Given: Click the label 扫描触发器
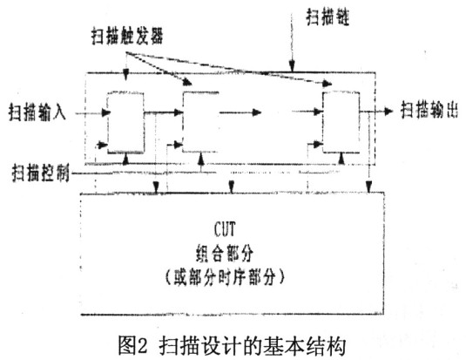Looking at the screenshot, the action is click(x=127, y=37).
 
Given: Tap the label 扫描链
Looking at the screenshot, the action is click(x=328, y=17).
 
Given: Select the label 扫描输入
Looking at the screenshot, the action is click(x=37, y=112).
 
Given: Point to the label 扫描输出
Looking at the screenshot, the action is click(x=429, y=110).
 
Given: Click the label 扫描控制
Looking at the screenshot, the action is click(x=40, y=173).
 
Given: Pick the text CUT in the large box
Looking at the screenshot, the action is click(x=225, y=229).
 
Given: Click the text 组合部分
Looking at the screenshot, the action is click(x=225, y=253).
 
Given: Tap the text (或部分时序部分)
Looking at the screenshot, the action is click(x=225, y=277).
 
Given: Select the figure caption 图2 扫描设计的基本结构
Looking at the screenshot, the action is click(x=233, y=345).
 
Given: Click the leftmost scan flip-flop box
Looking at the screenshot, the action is click(x=125, y=123).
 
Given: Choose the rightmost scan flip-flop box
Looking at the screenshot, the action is click(x=341, y=122).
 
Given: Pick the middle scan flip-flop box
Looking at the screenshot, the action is click(x=201, y=122).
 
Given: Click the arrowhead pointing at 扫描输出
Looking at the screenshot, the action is click(x=388, y=112).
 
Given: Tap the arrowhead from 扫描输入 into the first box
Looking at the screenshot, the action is click(x=106, y=112).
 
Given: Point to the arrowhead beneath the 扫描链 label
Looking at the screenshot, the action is click(x=292, y=66).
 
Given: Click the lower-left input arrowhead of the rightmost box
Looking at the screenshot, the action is click(x=319, y=145).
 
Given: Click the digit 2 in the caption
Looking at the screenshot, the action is click(x=142, y=346).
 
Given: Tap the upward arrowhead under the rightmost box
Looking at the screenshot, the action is click(x=341, y=159).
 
